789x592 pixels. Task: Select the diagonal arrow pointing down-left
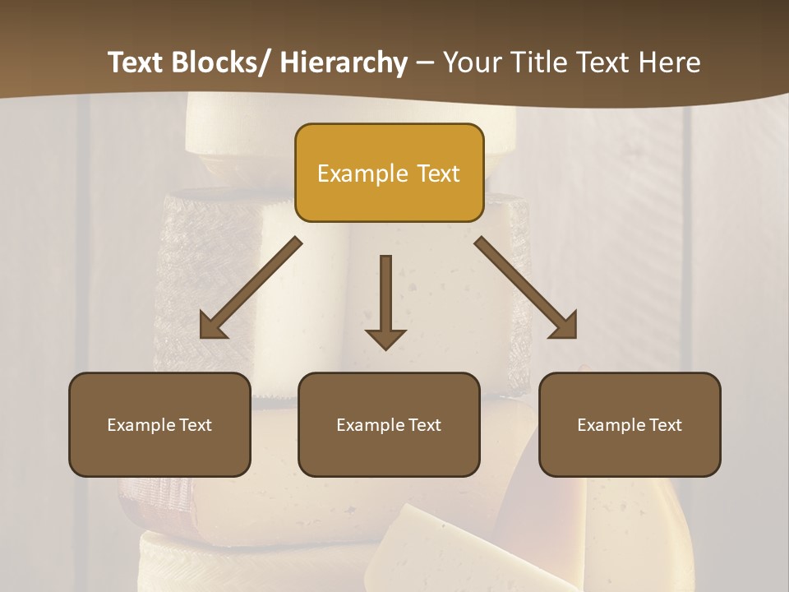[251, 289]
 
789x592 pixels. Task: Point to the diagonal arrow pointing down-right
[526, 289]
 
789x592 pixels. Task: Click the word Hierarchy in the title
[344, 63]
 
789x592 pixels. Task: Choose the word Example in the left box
[141, 425]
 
